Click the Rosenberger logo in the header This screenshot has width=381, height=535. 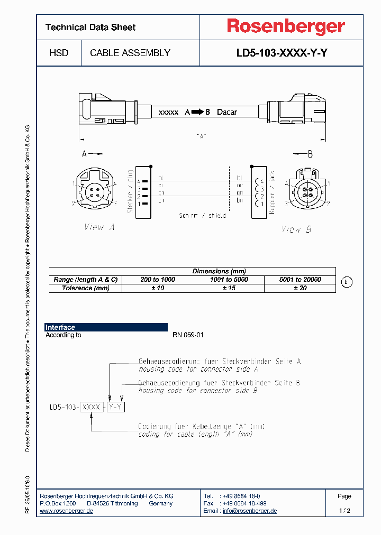point(286,26)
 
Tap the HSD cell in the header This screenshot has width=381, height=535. point(59,53)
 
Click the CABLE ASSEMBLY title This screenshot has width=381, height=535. point(130,53)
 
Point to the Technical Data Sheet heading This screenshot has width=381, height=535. point(90,27)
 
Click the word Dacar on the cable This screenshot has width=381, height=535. point(227,112)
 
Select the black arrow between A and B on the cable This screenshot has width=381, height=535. point(197,112)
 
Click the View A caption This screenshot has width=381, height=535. point(99,227)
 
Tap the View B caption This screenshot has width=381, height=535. point(296,229)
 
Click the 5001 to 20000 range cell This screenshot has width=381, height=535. point(300,280)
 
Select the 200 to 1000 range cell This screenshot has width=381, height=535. point(157,280)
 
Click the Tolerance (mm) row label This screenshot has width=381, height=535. point(86,288)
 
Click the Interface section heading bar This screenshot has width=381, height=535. point(106,327)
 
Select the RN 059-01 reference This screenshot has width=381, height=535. point(188,335)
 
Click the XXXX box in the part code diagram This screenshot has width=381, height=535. point(92,407)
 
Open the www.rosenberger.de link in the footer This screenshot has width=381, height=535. point(67,511)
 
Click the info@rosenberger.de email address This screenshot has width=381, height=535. point(249,511)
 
